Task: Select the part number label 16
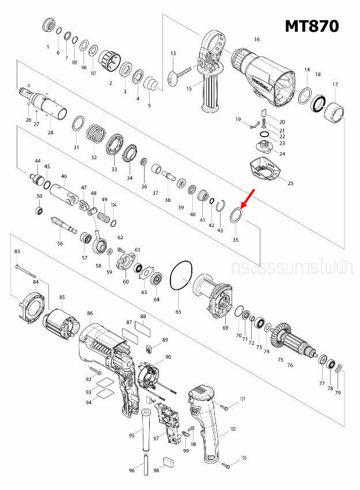(x=256, y=39)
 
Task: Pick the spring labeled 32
(x=96, y=136)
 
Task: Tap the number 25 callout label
(x=290, y=183)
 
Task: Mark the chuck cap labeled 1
(x=48, y=27)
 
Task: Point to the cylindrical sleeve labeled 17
(x=336, y=111)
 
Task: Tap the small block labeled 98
(x=168, y=461)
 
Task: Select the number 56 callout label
(x=60, y=244)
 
